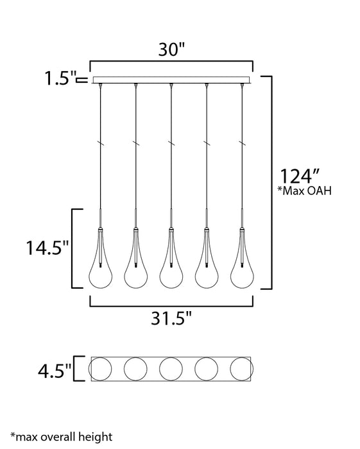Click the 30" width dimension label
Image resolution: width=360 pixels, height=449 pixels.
point(172,49)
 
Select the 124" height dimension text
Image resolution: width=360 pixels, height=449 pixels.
point(299,176)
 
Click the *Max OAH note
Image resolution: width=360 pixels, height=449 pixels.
point(305,191)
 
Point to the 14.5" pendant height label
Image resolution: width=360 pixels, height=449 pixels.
point(48,248)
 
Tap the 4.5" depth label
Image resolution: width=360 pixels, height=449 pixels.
point(55,371)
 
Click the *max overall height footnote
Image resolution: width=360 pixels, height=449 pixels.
point(62,437)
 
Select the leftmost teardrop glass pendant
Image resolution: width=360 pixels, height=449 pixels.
point(100,258)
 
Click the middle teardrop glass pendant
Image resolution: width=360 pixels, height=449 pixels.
point(171,258)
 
